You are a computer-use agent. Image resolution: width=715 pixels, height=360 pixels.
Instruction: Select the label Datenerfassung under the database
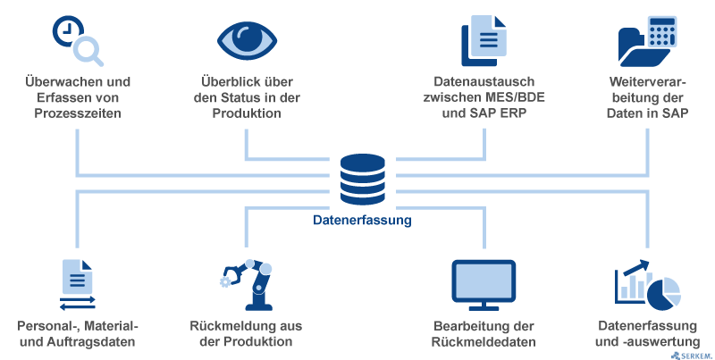(x=362, y=219)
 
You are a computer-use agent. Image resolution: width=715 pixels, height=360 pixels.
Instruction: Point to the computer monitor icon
(x=484, y=282)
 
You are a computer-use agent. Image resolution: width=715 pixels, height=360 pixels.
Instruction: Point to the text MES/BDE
(x=511, y=98)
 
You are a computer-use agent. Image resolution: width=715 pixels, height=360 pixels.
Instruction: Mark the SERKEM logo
(x=690, y=353)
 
